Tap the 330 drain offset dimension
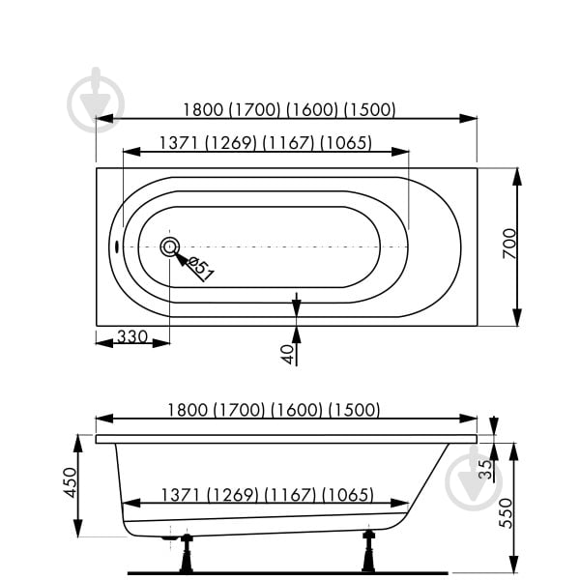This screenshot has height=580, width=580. point(131,336)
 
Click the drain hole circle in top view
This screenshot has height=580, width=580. point(169,246)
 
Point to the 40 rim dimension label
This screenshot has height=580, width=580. point(287,354)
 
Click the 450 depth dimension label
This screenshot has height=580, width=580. point(69,482)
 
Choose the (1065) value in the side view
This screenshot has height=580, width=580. point(348,495)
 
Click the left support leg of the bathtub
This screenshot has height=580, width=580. point(186,554)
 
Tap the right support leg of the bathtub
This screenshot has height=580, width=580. point(367,550)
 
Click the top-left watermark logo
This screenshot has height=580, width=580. point(97,100)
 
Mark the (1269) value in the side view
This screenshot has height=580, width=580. point(232,495)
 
